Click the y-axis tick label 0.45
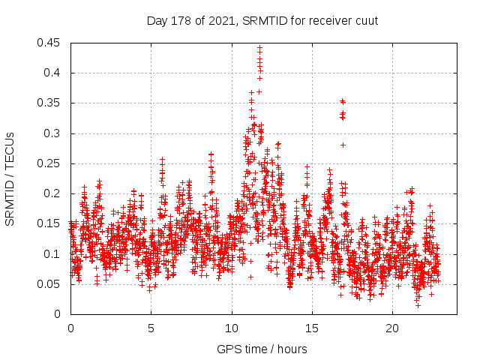(x=52, y=43)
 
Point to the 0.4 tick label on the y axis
(x=55, y=73)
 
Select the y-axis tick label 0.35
(x=52, y=103)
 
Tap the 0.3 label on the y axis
(x=55, y=133)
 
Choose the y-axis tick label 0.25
(x=52, y=163)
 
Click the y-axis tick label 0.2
(x=55, y=193)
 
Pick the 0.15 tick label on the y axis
(x=52, y=223)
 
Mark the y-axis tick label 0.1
(x=55, y=253)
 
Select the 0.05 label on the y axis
(x=52, y=284)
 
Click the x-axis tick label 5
(x=151, y=328)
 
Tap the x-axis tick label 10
(x=232, y=328)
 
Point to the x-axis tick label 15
(x=312, y=328)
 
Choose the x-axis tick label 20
(x=392, y=328)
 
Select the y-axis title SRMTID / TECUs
(x=10, y=178)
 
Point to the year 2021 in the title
(x=219, y=20)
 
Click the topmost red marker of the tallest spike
(x=259, y=47)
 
